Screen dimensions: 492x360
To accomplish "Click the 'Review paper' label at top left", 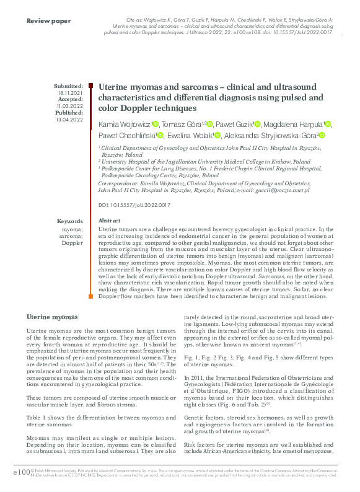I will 49,21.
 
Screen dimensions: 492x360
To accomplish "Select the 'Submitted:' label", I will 68,86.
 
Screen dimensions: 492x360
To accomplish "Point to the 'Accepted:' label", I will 69,99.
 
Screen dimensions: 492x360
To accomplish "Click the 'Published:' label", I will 69,113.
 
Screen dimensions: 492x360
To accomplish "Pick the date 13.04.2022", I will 70,120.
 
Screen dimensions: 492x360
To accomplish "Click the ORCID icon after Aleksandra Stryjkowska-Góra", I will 322,136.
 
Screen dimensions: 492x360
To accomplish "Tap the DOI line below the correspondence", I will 134,204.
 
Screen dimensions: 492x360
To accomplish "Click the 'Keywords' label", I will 69,221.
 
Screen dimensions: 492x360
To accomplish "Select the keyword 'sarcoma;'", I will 71,236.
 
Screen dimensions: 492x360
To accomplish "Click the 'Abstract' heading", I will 110,221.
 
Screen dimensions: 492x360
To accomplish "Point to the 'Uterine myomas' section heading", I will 51,317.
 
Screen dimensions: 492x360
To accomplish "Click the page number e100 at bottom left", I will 21,473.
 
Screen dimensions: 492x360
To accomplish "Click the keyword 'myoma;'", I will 72,229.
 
